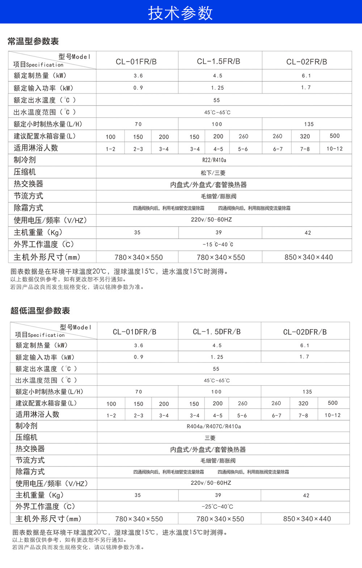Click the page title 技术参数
[180, 13]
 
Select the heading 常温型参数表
[33, 41]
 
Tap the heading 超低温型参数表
[40, 311]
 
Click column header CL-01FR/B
[136, 61]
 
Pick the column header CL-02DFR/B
[305, 332]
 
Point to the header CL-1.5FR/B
[218, 61]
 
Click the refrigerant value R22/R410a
[214, 160]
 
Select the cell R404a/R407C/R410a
[214, 426]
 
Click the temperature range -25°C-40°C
[217, 507]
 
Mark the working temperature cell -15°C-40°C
[218, 244]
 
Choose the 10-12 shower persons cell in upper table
[334, 149]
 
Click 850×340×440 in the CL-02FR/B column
[308, 257]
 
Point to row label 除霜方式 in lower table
[30, 471]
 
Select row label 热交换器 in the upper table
[28, 184]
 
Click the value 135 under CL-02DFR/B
[307, 392]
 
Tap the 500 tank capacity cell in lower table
[333, 403]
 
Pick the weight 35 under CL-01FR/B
[137, 232]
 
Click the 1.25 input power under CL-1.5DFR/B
[217, 357]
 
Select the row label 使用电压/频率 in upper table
[50, 220]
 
